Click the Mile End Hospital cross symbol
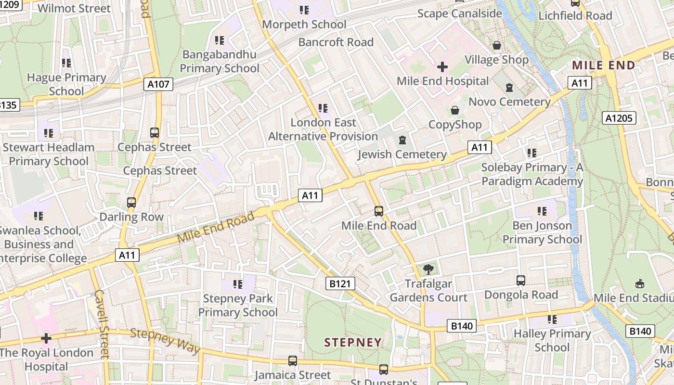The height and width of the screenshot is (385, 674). (x=442, y=67)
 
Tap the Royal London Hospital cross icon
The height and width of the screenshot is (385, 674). (x=46, y=338)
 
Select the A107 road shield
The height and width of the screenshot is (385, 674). (x=158, y=85)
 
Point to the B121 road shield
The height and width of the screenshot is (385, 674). (x=340, y=284)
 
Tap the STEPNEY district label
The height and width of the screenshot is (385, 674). (x=353, y=343)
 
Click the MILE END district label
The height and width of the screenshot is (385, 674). (x=603, y=65)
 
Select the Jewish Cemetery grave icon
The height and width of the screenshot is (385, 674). (x=402, y=141)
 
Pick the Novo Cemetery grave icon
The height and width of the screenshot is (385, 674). (x=509, y=88)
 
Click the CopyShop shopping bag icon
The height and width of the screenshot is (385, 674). (x=454, y=111)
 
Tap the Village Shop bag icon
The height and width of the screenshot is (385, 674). (x=496, y=45)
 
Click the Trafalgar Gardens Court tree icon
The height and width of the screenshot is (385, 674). (x=428, y=269)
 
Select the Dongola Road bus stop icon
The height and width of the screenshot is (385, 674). (x=520, y=281)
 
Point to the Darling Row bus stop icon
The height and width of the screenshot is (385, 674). (x=131, y=203)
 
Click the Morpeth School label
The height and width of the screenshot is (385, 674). (x=304, y=24)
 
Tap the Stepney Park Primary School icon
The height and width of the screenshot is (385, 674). (x=237, y=284)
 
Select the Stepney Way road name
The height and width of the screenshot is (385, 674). (x=165, y=340)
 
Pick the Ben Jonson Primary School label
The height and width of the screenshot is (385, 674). (x=542, y=232)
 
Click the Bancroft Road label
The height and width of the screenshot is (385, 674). (x=336, y=42)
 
